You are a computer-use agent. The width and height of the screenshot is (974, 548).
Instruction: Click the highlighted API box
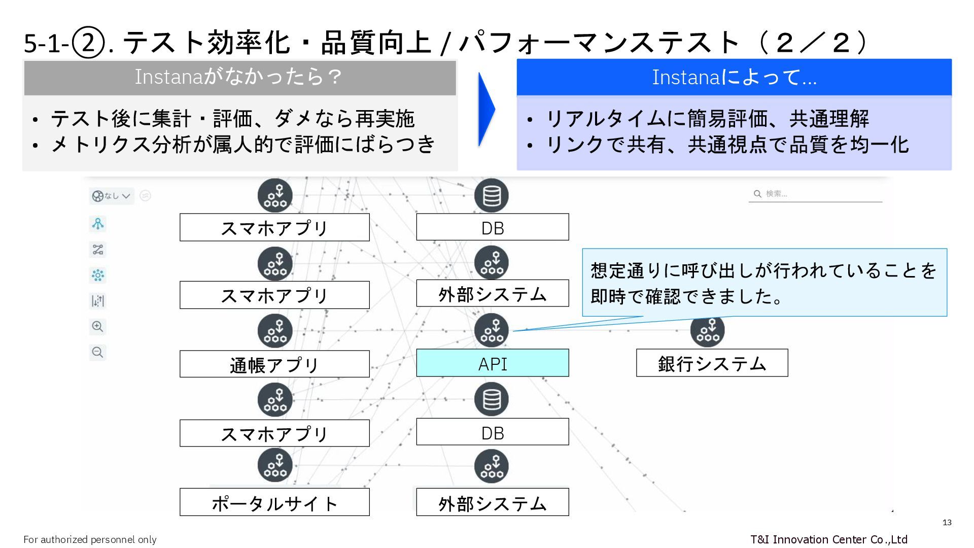[x=492, y=363]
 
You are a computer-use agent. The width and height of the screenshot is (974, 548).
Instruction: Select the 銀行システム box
[x=712, y=363]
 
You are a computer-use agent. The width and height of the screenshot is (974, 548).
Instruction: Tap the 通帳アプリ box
[x=274, y=364]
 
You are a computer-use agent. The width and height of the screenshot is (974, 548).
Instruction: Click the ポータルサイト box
[x=274, y=502]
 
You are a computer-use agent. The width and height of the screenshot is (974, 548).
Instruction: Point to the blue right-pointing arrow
[x=485, y=109]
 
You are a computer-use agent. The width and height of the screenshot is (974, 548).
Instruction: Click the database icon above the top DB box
[x=491, y=195]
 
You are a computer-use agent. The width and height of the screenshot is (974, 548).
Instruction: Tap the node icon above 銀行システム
[x=707, y=330]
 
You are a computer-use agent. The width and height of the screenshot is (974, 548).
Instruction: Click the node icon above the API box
[x=491, y=330]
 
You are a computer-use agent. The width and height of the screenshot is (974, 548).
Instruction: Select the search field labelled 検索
[x=815, y=194]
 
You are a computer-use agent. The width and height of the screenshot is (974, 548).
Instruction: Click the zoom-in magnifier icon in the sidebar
[x=97, y=327]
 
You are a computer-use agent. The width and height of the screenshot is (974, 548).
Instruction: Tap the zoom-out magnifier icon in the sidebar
[x=97, y=352]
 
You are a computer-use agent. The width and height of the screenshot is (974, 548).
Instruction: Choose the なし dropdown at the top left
[x=112, y=196]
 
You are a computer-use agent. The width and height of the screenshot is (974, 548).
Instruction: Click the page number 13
[x=947, y=523]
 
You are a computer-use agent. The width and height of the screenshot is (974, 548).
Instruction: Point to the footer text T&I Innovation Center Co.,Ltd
[x=828, y=539]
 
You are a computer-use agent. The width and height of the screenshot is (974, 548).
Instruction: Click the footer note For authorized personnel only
[x=90, y=539]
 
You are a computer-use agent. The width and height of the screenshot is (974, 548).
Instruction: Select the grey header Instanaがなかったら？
[x=239, y=77]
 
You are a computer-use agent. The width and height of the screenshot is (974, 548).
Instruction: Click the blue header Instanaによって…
[x=734, y=77]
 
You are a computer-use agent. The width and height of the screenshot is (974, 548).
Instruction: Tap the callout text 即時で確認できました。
[x=687, y=296]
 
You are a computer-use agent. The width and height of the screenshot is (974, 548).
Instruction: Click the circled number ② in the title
[x=88, y=43]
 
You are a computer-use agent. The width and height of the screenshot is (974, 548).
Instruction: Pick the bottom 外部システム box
[x=492, y=502]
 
